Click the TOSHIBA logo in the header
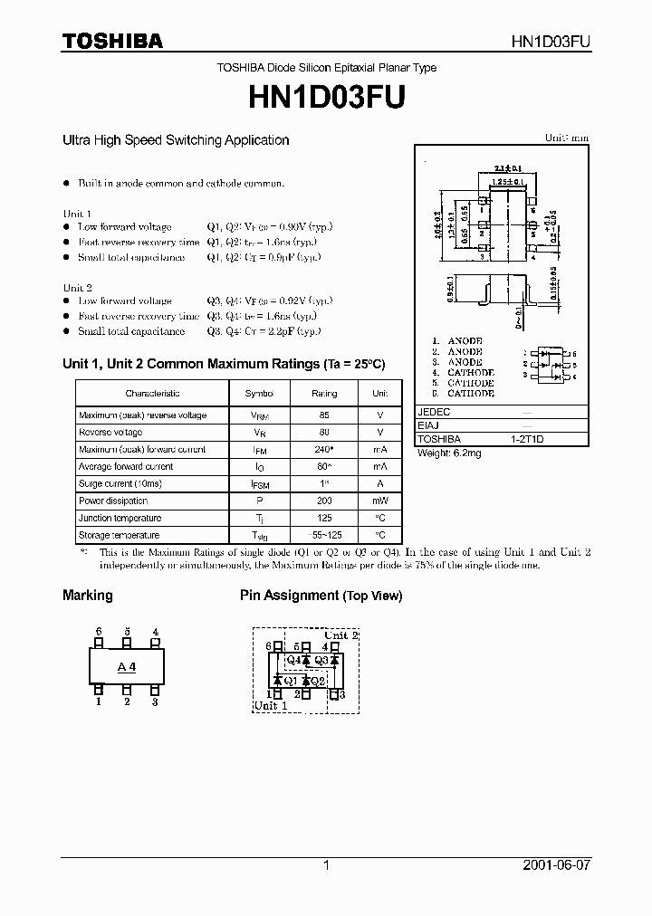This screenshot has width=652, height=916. click(112, 41)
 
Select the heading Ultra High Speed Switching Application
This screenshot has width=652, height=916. click(176, 140)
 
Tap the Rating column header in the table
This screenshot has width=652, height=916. click(324, 394)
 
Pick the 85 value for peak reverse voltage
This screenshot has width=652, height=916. click(324, 415)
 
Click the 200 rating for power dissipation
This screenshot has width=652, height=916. click(324, 501)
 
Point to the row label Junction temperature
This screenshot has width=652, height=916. click(120, 518)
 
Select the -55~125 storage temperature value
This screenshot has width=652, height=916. click(324, 535)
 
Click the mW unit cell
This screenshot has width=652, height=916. click(379, 501)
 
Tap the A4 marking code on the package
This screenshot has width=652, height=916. click(127, 667)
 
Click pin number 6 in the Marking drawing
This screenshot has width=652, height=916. click(99, 632)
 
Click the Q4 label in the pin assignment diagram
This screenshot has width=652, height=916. click(292, 660)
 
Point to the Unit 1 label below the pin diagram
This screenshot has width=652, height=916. click(270, 705)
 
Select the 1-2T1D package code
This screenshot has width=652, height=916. click(527, 438)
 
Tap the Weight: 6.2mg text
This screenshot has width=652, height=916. click(449, 453)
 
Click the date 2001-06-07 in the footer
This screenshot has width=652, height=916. click(556, 865)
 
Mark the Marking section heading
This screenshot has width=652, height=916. click(87, 596)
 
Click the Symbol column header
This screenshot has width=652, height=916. click(258, 394)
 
